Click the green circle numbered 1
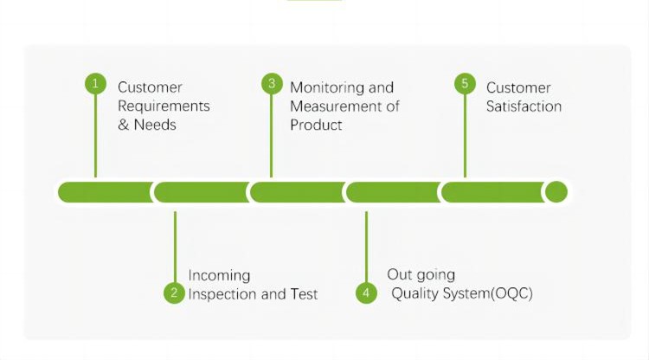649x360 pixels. [x=95, y=84]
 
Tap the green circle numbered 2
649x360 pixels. [x=174, y=292]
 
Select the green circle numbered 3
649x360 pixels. [x=272, y=84]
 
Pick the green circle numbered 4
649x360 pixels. [x=366, y=292]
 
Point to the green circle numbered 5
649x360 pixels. [x=466, y=84]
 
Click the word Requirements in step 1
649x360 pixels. [x=164, y=106]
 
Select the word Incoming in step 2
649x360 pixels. [x=219, y=275]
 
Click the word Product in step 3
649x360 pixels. [x=316, y=125]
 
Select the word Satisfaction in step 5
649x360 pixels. [x=524, y=106]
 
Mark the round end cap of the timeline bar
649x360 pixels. [x=556, y=192]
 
